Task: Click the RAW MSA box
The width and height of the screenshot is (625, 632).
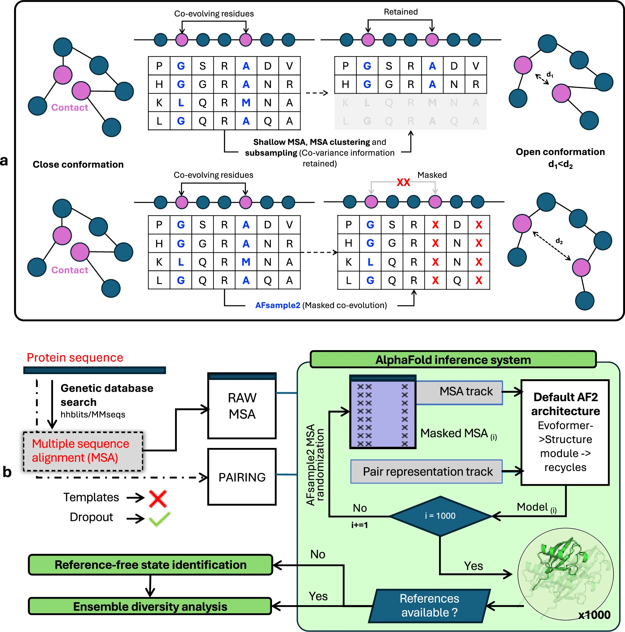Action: point(242,406)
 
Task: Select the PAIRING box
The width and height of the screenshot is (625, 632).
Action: point(242,477)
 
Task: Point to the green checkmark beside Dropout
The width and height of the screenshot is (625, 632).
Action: point(159,518)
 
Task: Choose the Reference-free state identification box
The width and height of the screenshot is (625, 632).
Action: point(150,565)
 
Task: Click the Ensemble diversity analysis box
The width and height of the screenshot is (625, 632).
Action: point(150,606)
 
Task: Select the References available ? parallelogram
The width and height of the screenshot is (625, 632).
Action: point(429,605)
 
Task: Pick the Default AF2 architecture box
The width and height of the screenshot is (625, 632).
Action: point(565,432)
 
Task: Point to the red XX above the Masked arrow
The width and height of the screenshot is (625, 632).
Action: point(403,182)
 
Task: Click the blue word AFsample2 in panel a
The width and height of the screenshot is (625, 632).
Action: point(277,305)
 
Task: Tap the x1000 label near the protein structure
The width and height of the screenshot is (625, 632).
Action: point(594,615)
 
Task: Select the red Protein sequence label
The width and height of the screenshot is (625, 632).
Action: point(75,357)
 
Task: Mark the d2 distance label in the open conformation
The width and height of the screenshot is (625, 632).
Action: point(559,241)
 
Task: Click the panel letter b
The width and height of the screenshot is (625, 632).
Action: point(7,472)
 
